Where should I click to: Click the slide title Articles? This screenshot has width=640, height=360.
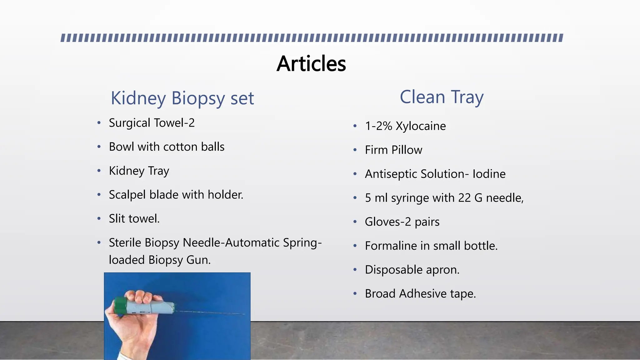point(311,64)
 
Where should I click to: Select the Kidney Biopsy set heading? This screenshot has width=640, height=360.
point(182,98)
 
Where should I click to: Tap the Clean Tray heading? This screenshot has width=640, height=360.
point(442,97)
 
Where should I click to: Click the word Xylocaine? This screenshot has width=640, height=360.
point(421,126)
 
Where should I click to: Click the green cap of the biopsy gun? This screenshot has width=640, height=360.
point(120,306)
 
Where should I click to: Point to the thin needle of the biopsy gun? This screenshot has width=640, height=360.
point(212,313)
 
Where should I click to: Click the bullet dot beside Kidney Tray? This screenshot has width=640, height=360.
point(99,171)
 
